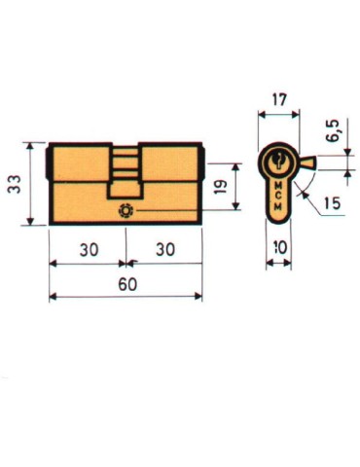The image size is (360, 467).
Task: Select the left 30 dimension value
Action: (x=88, y=249)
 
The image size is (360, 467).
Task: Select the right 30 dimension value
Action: (x=164, y=249)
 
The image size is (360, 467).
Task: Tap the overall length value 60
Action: (x=125, y=283)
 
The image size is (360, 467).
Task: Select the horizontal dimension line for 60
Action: (x=125, y=297)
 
